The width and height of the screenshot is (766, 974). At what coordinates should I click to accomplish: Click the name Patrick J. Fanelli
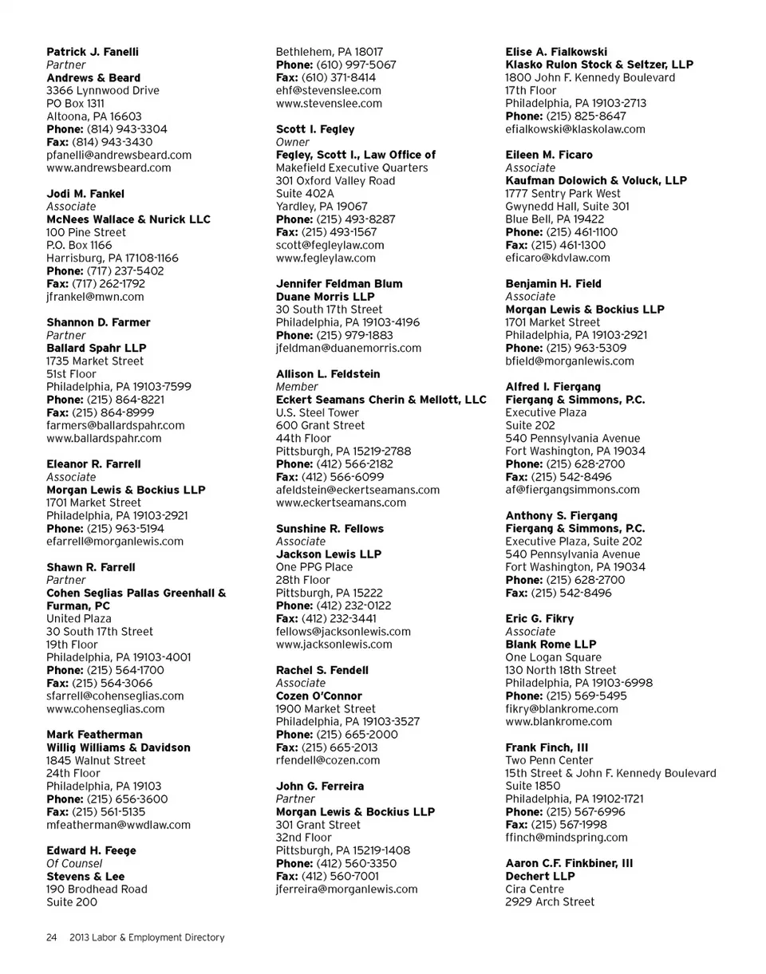coord(93,52)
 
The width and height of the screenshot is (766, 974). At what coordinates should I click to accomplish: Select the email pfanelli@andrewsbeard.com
coord(119,155)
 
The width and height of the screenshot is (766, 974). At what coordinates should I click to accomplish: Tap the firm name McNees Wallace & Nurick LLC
coord(128,219)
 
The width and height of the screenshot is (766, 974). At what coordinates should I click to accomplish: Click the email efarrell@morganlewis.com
coord(115,541)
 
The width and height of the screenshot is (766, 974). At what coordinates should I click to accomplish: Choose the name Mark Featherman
coord(95,734)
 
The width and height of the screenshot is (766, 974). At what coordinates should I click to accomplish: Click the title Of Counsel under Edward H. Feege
coord(74,863)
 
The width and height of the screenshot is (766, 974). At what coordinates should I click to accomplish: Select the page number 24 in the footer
coord(50,937)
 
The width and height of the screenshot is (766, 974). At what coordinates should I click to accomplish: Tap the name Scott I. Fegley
coord(315,129)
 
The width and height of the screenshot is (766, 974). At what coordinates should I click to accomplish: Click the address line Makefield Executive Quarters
coord(352,168)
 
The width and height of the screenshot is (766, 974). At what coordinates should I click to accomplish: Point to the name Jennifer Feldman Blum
coord(339,283)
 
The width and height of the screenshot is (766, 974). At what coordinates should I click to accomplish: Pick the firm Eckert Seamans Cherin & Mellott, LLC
coord(381,400)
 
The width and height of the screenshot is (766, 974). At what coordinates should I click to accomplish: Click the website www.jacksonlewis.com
coord(334,644)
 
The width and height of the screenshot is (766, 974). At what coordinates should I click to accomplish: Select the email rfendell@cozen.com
coord(328,760)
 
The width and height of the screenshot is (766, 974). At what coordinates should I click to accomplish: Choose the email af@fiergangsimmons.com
coord(572,490)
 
